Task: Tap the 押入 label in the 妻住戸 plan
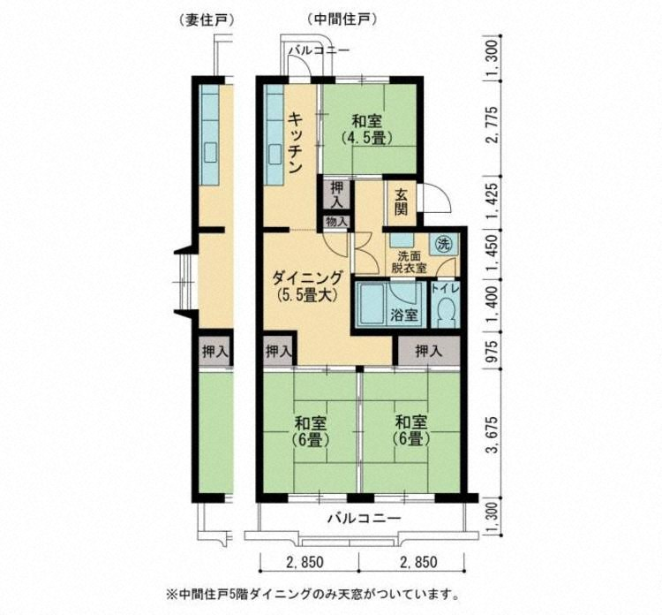click(215, 351)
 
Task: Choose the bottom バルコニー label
click(361, 519)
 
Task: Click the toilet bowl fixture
click(445, 310)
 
